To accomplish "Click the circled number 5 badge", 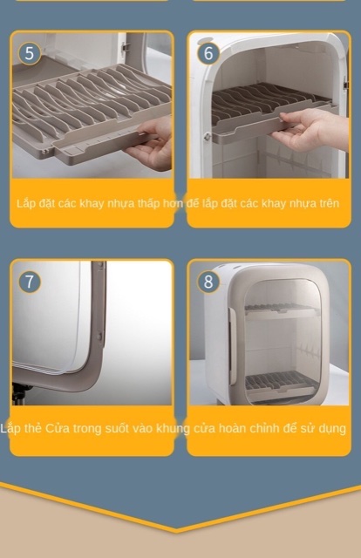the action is pos(29,53).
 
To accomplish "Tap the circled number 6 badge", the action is pos(208,53).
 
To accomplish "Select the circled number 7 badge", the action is pos(29,282).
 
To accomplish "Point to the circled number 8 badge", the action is pos(208,282).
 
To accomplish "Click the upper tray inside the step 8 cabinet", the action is pos(281,309).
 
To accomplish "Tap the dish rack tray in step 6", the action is pos(272,111).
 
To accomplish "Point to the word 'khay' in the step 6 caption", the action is pos(274,203).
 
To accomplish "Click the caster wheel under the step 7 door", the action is pos(18,394).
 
